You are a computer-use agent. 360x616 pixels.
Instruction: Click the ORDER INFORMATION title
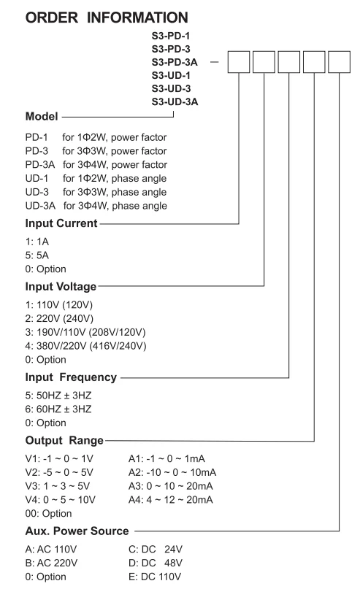click(x=107, y=18)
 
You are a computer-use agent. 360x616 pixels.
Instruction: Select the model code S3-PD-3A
click(x=175, y=62)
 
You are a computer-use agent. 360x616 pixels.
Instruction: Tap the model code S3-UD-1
click(x=171, y=75)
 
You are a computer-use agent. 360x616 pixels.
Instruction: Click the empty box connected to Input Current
click(x=239, y=62)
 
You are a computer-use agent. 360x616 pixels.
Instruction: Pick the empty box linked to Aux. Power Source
click(x=339, y=62)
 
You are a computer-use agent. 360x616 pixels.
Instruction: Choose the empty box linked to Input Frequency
click(x=289, y=62)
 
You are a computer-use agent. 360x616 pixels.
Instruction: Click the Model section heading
click(x=42, y=116)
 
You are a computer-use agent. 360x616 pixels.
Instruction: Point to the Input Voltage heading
click(x=61, y=287)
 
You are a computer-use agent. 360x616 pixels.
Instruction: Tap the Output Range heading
click(x=64, y=441)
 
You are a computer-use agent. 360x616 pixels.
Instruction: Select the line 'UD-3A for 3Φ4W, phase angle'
click(x=96, y=206)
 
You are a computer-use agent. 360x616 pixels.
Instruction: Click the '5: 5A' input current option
click(x=37, y=255)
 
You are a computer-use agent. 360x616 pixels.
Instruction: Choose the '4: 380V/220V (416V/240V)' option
click(x=85, y=346)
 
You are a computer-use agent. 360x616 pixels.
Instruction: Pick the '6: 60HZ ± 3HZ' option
click(x=58, y=409)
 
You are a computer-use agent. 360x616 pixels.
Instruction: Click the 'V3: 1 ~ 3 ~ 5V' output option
click(x=58, y=486)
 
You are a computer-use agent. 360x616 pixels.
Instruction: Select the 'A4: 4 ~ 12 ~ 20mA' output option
click(x=171, y=500)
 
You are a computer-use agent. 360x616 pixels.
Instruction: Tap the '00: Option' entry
click(x=49, y=514)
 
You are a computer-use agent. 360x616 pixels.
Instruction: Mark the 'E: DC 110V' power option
click(x=155, y=577)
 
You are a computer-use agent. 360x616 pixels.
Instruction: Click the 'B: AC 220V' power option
click(x=52, y=563)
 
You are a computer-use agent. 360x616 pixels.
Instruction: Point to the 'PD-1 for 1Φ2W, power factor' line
click(x=96, y=137)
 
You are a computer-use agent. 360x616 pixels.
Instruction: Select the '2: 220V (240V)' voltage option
click(x=59, y=319)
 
